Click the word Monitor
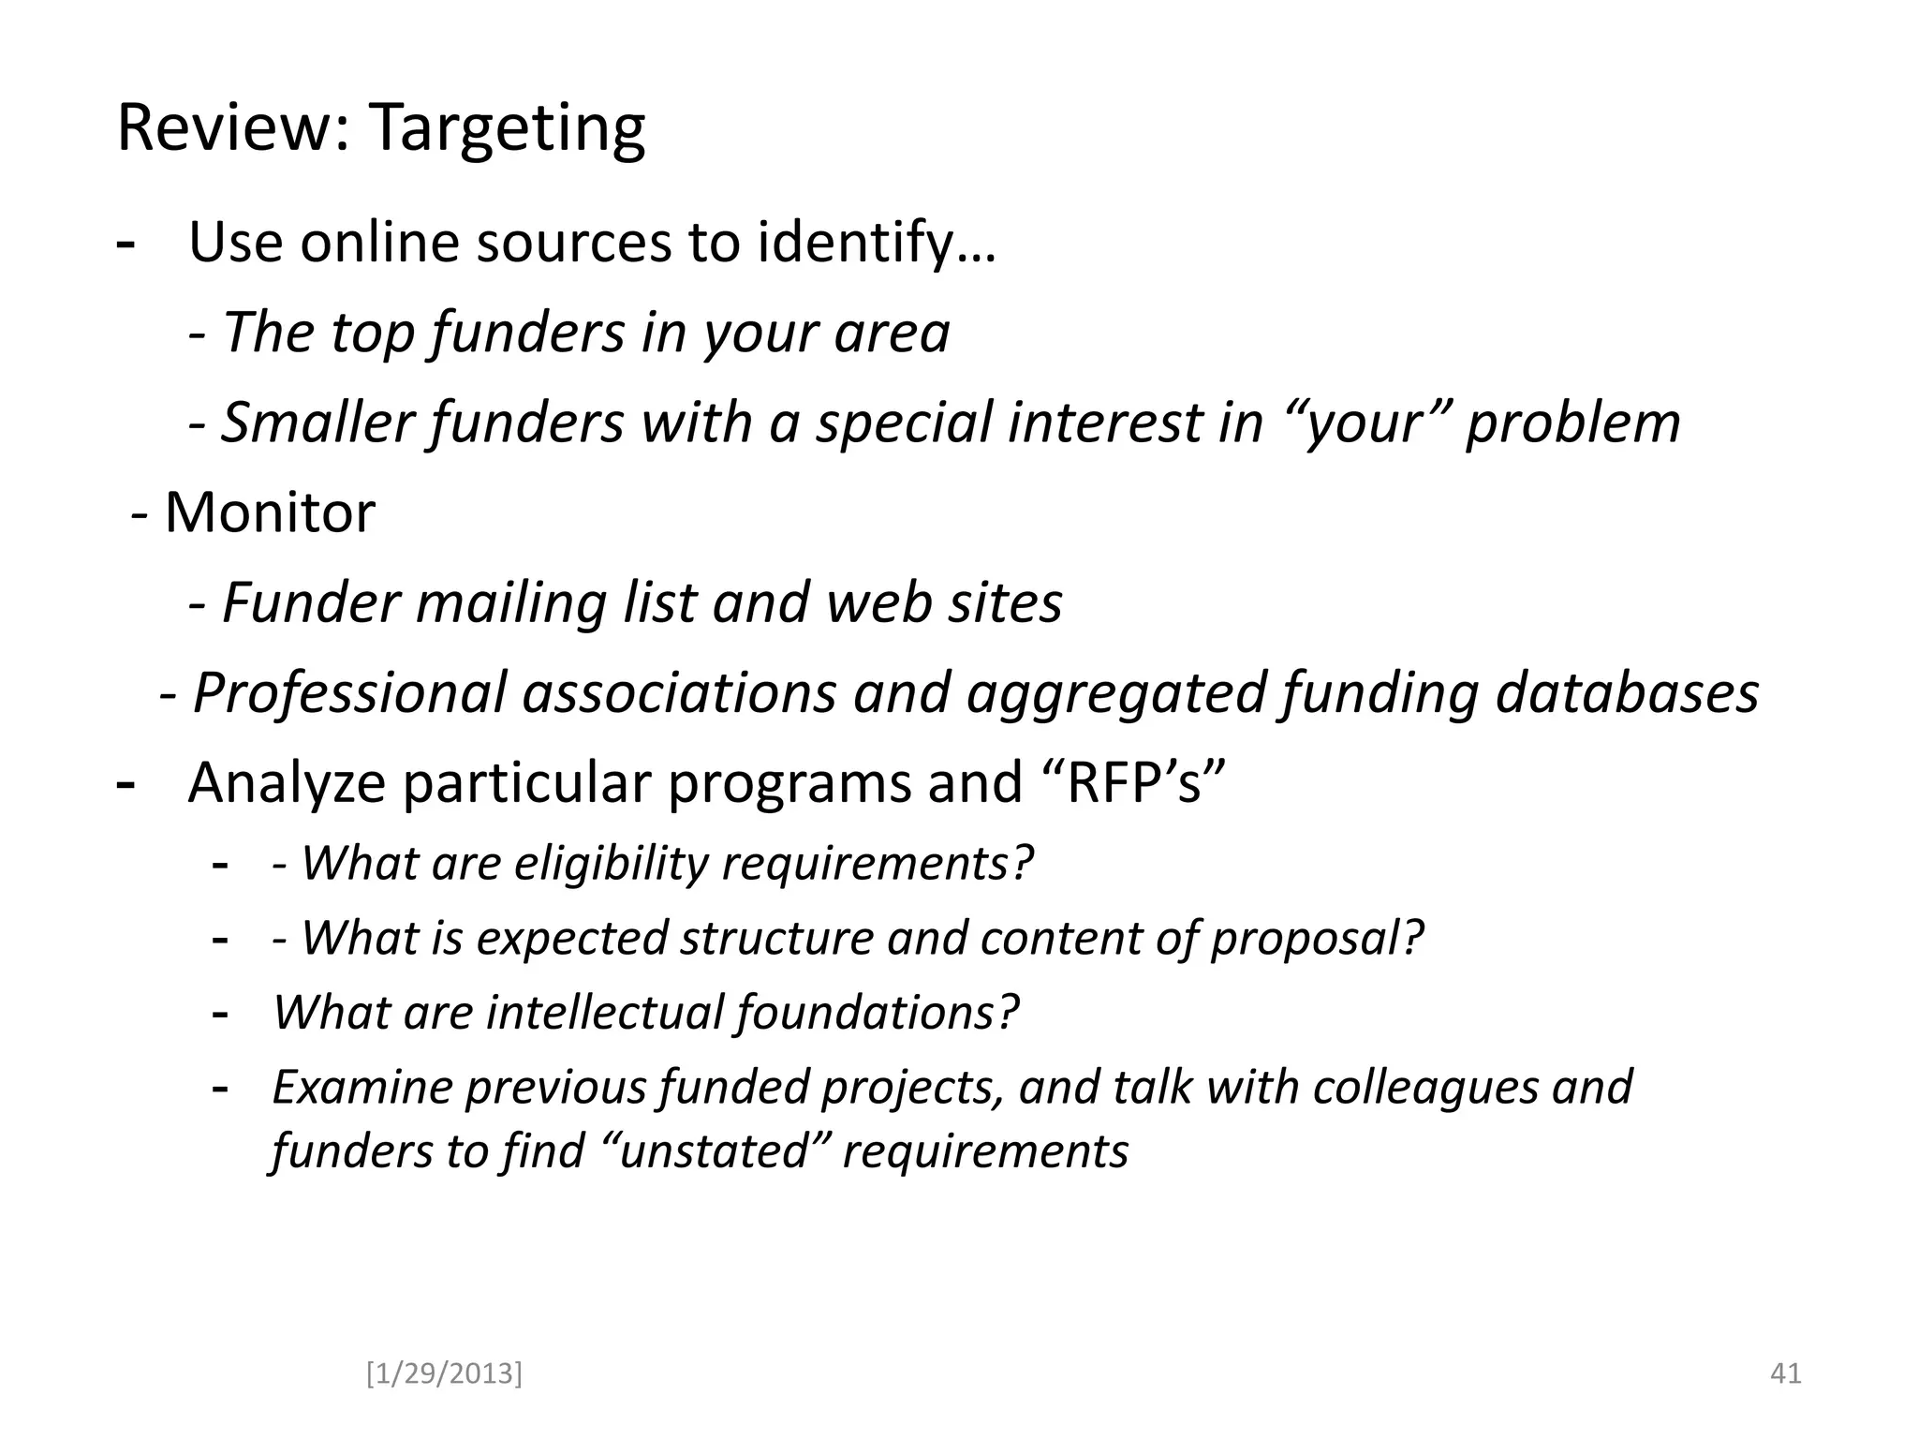pyautogui.click(x=270, y=512)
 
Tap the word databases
pyautogui.click(x=1627, y=692)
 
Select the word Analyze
pyautogui.click(x=287, y=782)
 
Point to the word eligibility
pyautogui.click(x=612, y=863)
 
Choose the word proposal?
pyautogui.click(x=1317, y=938)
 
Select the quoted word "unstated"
pyautogui.click(x=714, y=1150)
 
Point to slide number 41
pyautogui.click(x=1785, y=1373)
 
